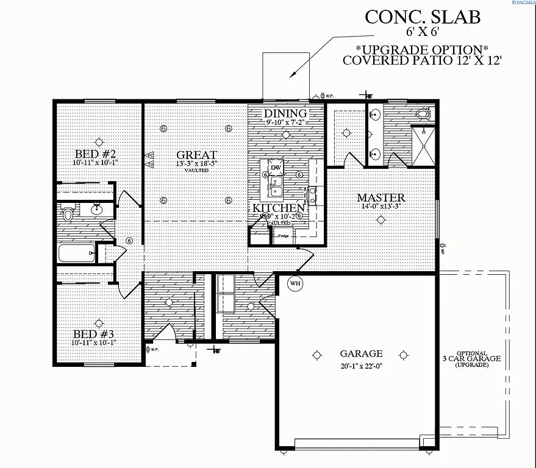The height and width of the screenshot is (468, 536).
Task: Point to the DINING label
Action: click(285, 113)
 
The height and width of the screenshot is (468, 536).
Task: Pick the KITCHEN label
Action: click(279, 208)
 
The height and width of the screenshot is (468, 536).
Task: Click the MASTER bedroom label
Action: click(381, 197)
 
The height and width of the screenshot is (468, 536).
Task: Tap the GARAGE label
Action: click(361, 353)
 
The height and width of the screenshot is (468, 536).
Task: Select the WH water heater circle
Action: click(295, 283)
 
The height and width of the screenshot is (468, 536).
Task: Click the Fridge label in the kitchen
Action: click(284, 235)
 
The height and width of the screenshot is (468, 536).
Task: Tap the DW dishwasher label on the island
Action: click(276, 166)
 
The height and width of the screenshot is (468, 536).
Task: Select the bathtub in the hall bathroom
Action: click(76, 253)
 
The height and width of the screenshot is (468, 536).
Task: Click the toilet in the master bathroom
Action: click(421, 114)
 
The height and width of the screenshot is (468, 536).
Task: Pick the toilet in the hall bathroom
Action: click(68, 214)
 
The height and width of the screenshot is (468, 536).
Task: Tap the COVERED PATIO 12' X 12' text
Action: click(421, 60)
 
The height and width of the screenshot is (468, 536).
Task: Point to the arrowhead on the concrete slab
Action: click(293, 74)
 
